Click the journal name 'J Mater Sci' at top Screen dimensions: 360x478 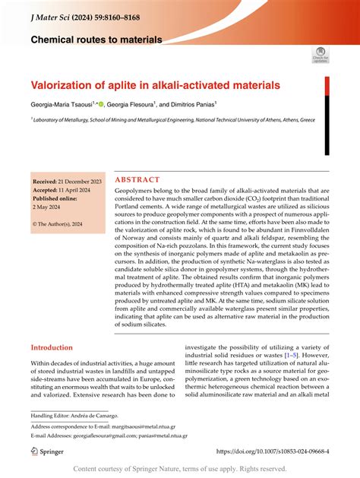[52, 10]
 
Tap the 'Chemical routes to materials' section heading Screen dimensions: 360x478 [96, 39]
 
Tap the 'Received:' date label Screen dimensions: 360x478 [47, 183]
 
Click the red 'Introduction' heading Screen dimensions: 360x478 [56, 347]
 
